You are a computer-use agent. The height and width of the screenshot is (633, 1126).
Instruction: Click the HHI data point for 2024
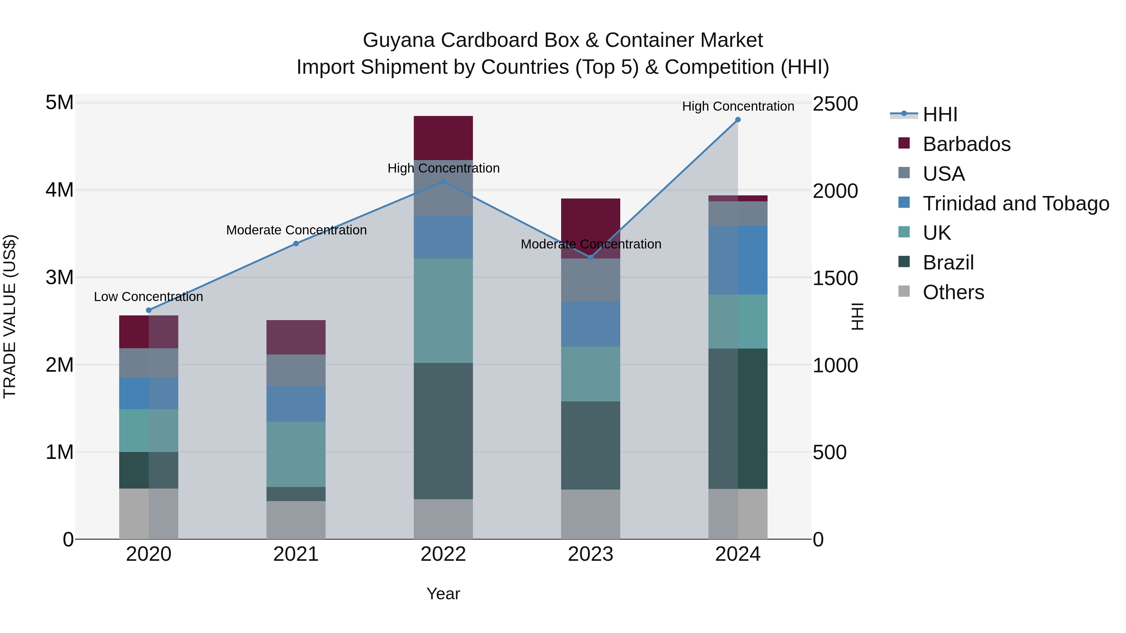pyautogui.click(x=738, y=120)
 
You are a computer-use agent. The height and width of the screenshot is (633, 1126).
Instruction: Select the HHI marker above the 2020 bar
pyautogui.click(x=149, y=310)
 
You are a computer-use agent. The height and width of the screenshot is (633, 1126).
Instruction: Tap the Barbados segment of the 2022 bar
pyautogui.click(x=443, y=138)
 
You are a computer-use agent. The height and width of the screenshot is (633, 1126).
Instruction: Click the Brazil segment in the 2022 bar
pyautogui.click(x=443, y=431)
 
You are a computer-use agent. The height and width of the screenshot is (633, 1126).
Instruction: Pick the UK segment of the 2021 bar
pyautogui.click(x=296, y=454)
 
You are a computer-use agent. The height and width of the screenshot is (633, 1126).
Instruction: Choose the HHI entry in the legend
pyautogui.click(x=940, y=114)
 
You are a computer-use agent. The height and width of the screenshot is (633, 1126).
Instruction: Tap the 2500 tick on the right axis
pyautogui.click(x=835, y=104)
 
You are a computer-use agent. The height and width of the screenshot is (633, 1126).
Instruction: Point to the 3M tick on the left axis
pyautogui.click(x=59, y=277)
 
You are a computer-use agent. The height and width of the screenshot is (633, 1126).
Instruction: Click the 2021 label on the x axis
pyautogui.click(x=296, y=554)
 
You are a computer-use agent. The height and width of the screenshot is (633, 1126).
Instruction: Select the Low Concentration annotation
pyautogui.click(x=149, y=297)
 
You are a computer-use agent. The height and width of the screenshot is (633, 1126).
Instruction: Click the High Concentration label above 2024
pyautogui.click(x=738, y=106)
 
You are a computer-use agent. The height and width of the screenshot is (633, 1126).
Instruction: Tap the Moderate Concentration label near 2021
pyautogui.click(x=297, y=230)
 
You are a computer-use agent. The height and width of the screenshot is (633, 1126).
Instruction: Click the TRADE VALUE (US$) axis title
pyautogui.click(x=10, y=316)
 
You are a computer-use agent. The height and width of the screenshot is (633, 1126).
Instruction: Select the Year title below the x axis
pyautogui.click(x=443, y=594)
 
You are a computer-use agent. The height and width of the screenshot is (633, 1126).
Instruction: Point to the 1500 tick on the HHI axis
pyautogui.click(x=835, y=278)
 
